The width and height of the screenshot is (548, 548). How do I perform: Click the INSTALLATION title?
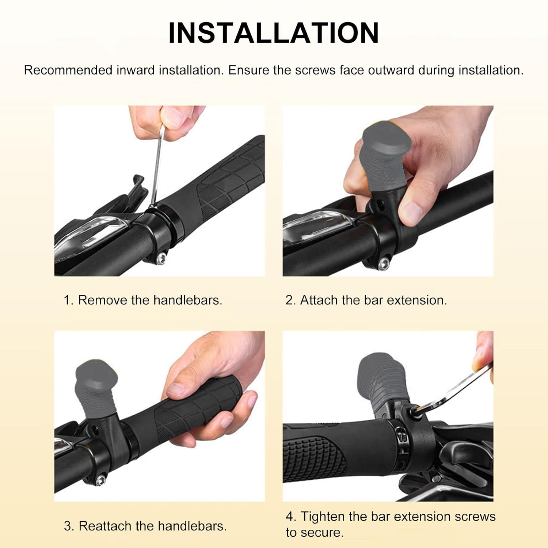(x=274, y=33)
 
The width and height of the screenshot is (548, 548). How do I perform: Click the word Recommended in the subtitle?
(x=68, y=70)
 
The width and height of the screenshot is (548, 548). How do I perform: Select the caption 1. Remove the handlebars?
(x=143, y=300)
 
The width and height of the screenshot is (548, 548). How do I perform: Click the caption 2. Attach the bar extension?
(x=366, y=300)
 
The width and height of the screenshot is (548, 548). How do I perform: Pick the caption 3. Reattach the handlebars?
(x=145, y=526)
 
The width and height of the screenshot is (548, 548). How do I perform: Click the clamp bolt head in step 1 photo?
(x=160, y=258)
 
